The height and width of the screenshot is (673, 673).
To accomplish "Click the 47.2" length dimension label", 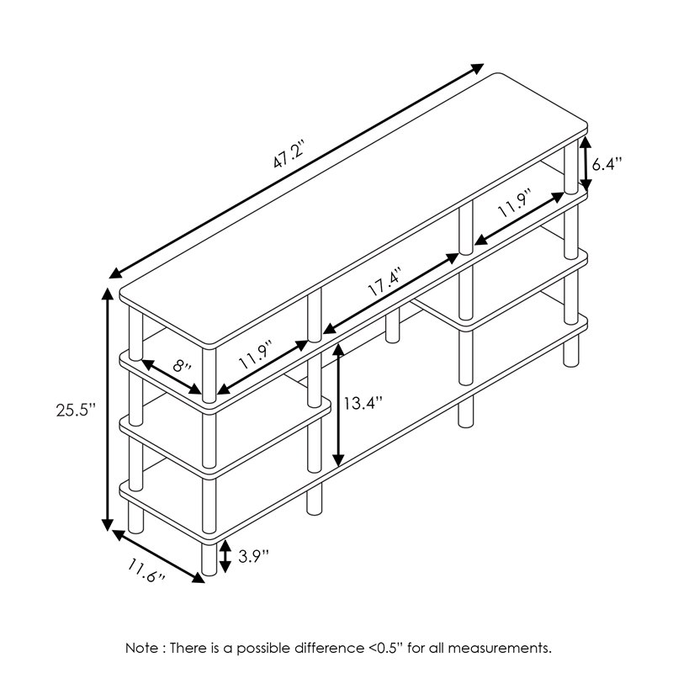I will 287,159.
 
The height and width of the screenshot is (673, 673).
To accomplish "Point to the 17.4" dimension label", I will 384,279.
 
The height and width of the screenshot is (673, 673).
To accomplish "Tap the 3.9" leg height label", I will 253,555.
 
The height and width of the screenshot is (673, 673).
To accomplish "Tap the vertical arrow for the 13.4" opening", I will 338,405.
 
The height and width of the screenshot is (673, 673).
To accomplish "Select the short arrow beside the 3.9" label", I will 225,555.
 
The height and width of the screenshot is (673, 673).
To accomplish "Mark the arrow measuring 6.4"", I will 584,164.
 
